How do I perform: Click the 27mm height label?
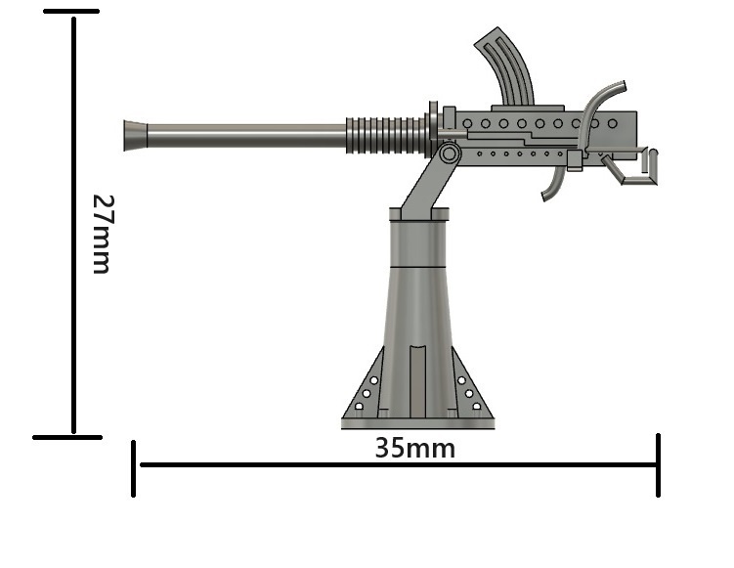(101, 233)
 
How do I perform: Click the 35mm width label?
(414, 448)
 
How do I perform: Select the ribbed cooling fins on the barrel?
(386, 136)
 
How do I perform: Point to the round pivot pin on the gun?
(450, 153)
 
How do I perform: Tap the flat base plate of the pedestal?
(417, 423)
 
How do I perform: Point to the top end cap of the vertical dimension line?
(71, 12)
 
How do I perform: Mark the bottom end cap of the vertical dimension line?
(67, 437)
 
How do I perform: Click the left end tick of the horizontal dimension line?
(134, 467)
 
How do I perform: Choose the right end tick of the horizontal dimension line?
(658, 464)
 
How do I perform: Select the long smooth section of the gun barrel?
(244, 135)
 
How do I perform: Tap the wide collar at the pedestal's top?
(419, 215)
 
